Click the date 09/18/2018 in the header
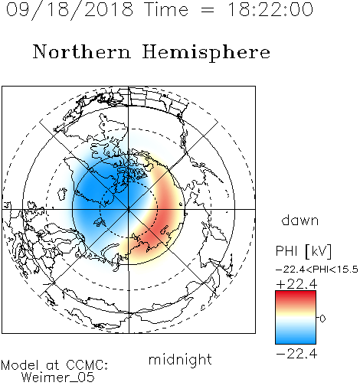[x=70, y=10]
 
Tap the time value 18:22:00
[x=270, y=9]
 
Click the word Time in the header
[x=166, y=10]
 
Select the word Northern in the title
[x=82, y=52]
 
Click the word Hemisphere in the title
[x=206, y=53]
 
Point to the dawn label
[x=299, y=221]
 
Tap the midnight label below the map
[x=180, y=359]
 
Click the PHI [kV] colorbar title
[x=303, y=251]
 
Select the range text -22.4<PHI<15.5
[x=316, y=270]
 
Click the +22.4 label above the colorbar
[x=296, y=284]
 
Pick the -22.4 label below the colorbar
[x=296, y=354]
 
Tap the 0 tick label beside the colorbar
[x=322, y=319]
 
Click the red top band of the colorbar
[x=296, y=296]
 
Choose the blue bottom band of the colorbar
[x=296, y=338]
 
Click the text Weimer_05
[x=58, y=378]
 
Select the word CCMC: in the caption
[x=87, y=365]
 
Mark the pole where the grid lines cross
[x=129, y=209]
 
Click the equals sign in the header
[x=208, y=10]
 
